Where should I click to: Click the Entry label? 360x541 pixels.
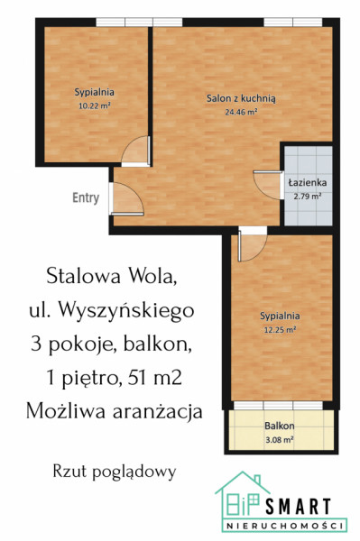86,197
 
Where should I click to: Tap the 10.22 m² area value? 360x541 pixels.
95,105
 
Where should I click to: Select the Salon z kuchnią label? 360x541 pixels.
241,98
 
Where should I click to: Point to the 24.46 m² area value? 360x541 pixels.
241,112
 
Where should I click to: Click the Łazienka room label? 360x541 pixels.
308,182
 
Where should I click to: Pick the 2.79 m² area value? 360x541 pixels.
308,197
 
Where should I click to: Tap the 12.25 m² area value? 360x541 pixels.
280,329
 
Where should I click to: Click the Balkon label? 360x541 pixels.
280,426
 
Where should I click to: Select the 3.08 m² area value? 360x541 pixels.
280,440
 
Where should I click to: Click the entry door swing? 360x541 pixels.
126,198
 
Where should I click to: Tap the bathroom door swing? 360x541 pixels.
268,185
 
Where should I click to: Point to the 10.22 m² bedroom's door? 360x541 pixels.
136,151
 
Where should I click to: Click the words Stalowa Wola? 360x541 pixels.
112,276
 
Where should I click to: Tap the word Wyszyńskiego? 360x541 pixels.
126,310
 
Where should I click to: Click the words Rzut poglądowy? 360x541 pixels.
115,472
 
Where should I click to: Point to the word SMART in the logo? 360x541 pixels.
299,507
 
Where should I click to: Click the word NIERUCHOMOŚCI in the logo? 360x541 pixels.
285,526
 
